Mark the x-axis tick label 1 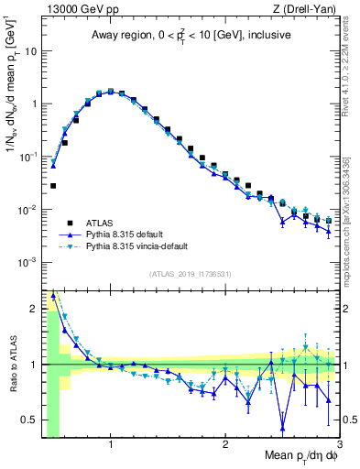[x=111, y=444]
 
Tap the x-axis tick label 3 [x=339, y=444]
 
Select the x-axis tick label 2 [x=225, y=444]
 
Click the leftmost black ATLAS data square [x=53, y=186]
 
